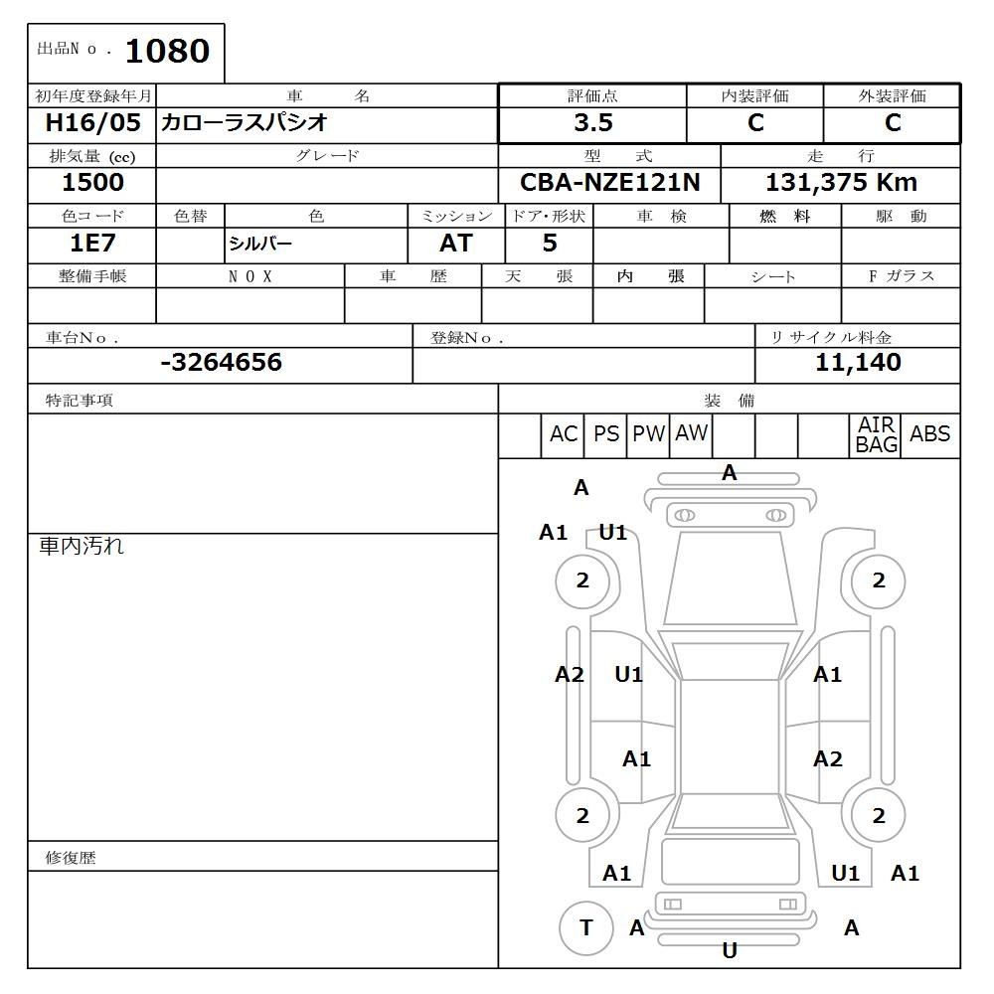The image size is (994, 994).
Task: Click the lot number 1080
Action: point(167,52)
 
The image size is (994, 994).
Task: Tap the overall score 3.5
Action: point(592,123)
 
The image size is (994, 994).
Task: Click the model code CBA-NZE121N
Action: point(609,183)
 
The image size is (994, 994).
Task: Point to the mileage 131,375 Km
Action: point(841,183)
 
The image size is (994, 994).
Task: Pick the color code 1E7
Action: point(91,244)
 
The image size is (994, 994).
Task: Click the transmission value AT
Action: point(455,244)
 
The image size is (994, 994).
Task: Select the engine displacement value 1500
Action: point(92,183)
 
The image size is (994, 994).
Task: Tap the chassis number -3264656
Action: point(221,363)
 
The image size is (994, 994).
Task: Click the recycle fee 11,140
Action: point(858,363)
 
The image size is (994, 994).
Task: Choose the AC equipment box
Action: point(563,434)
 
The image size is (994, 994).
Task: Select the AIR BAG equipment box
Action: point(877,435)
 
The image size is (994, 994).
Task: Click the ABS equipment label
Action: point(929,434)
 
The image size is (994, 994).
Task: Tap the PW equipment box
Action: point(648,434)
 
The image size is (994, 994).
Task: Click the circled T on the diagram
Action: point(585,928)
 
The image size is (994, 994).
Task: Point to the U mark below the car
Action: point(729,951)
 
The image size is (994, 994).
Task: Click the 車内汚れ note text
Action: point(82,546)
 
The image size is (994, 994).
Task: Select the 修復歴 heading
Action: point(71,858)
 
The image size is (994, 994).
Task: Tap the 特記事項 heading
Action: point(80,401)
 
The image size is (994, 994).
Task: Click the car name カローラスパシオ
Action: point(244,123)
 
